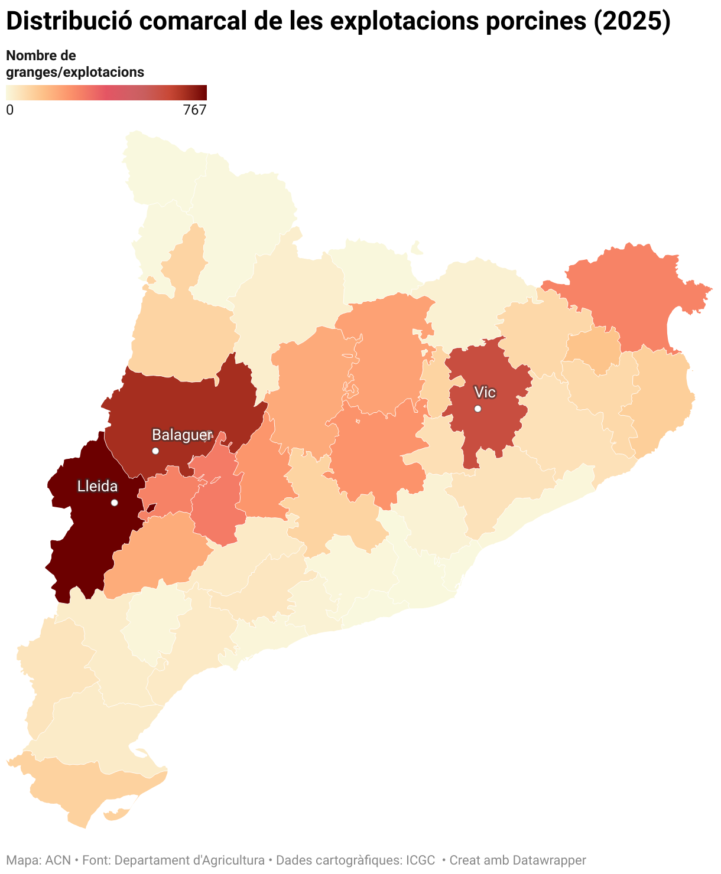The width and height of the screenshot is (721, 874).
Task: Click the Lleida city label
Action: (x=98, y=487)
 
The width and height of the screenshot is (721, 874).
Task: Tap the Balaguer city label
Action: (x=181, y=435)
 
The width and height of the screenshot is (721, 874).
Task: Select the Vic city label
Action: (x=485, y=393)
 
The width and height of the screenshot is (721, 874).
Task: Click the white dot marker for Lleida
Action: (x=115, y=503)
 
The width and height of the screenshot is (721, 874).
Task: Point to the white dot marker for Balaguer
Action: (x=155, y=451)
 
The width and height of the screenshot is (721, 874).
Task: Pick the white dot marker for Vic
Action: (x=478, y=409)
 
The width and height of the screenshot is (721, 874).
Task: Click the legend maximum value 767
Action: (x=195, y=110)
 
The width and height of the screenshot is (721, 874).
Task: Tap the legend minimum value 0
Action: (x=9, y=110)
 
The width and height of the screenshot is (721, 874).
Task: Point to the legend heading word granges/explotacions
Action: (x=75, y=72)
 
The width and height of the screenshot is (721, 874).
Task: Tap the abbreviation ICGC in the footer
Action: (x=420, y=860)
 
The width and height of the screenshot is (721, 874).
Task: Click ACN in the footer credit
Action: (x=58, y=860)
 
